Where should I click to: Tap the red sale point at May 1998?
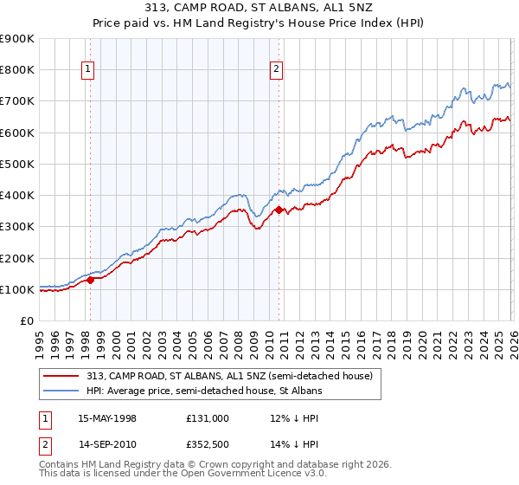(90, 280)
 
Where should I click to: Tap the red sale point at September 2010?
(279, 210)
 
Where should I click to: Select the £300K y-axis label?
(17, 227)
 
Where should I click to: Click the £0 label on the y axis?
(27, 321)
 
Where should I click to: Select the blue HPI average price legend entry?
(203, 391)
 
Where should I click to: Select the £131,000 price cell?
(207, 418)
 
